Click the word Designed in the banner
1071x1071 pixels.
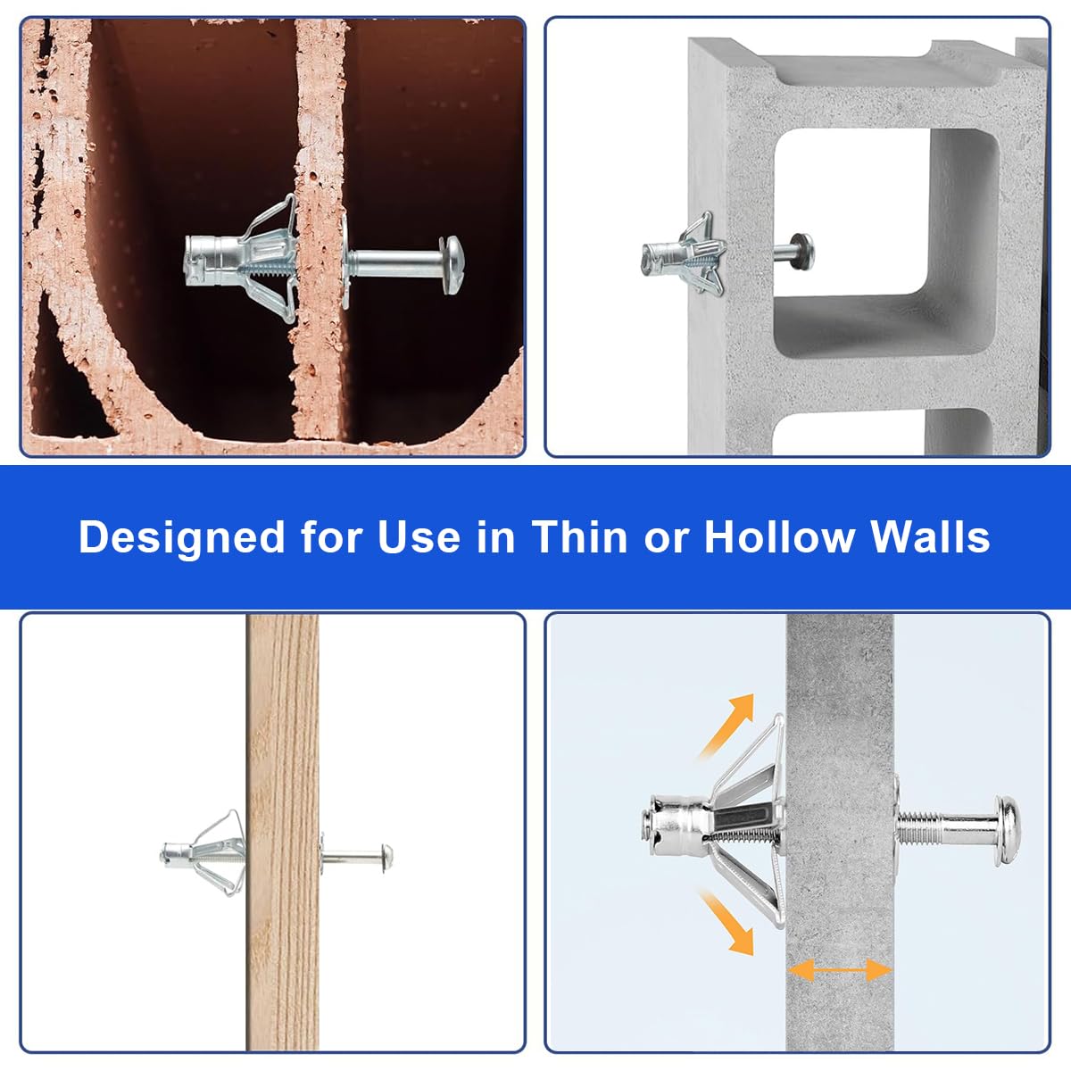point(182,537)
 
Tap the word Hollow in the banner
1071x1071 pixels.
point(780,537)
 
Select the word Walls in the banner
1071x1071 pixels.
point(930,537)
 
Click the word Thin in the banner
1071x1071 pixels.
point(580,537)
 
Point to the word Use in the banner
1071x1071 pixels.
point(419,537)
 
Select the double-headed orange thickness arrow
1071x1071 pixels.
point(840,970)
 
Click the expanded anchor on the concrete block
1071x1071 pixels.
point(684,253)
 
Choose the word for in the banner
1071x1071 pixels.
point(332,537)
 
